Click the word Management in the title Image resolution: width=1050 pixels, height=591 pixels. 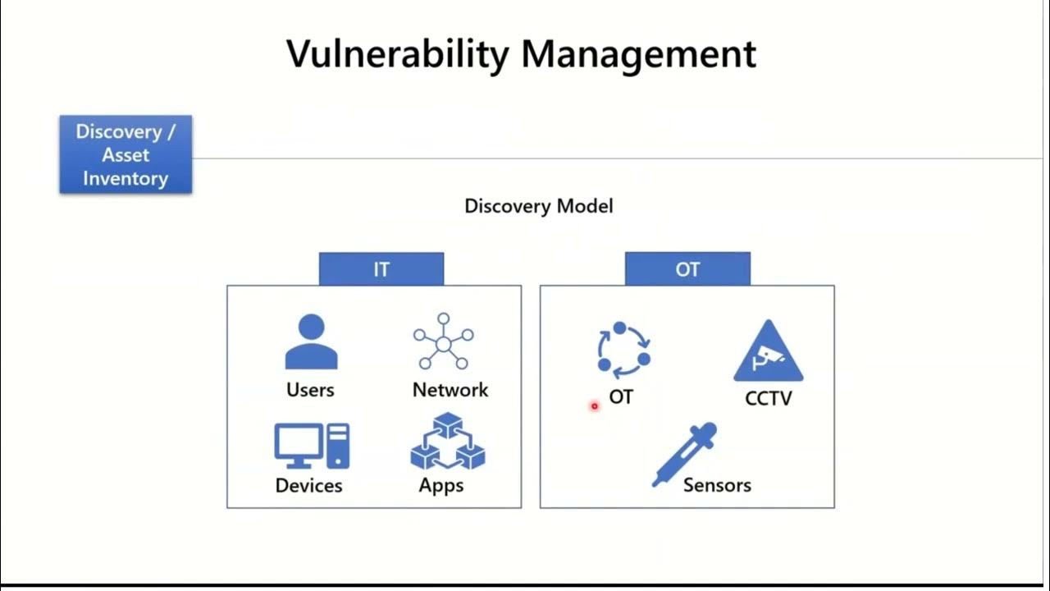(638, 54)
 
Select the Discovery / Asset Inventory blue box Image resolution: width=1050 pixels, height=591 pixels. (126, 155)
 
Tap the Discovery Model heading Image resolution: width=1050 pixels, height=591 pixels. (538, 206)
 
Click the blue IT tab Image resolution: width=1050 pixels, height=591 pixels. (381, 269)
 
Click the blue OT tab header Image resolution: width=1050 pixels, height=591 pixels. (687, 269)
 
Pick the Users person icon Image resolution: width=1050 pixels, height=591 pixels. (311, 342)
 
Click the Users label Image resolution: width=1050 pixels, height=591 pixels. (310, 390)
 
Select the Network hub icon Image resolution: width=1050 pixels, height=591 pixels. (443, 341)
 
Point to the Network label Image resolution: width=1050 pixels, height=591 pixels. (450, 390)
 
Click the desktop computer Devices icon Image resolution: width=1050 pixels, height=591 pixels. (311, 446)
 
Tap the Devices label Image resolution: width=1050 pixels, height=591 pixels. (308, 486)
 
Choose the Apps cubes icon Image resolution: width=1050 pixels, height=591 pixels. (447, 442)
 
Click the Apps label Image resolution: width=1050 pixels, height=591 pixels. (441, 486)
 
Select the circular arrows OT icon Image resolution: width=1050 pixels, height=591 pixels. (623, 347)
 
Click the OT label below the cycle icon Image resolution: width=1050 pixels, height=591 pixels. (621, 397)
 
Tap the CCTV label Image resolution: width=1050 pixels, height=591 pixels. (769, 399)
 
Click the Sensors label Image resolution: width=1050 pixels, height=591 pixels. (717, 485)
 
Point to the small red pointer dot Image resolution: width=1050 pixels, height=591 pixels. (595, 405)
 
